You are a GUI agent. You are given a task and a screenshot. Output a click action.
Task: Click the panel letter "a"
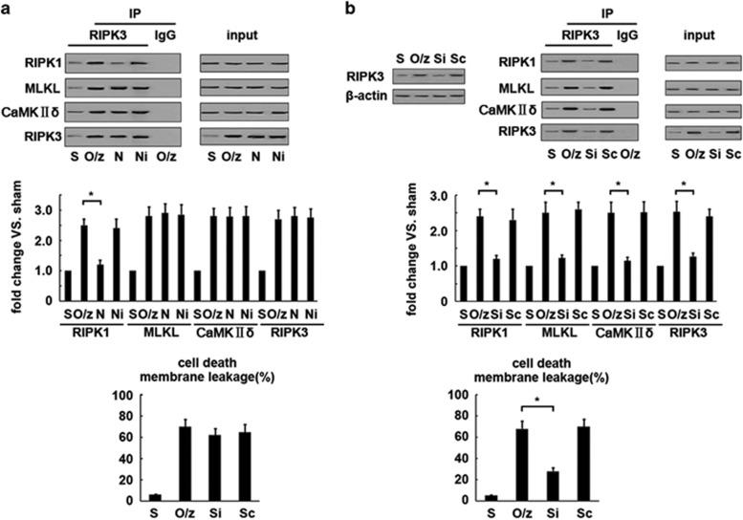point(8,9)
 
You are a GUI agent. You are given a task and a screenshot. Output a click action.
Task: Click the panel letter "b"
point(380,9)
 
